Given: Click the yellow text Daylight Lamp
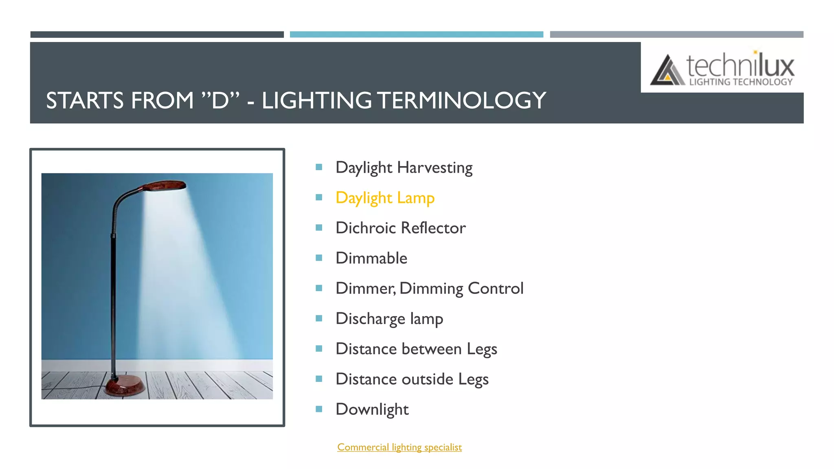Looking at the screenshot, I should coord(385,198).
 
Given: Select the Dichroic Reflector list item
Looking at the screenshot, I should coord(400,228).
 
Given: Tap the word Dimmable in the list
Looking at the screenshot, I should coord(371,258).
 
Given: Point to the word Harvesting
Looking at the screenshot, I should coord(435,168).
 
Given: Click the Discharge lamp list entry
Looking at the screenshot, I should coord(389,319).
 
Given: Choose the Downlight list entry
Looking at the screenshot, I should coord(372,410).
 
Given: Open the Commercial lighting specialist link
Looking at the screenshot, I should coord(399,447).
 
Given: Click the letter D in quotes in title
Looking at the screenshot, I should coord(220,101).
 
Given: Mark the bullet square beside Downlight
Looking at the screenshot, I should coord(319,409).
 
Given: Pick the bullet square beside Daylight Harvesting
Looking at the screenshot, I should coord(319,167).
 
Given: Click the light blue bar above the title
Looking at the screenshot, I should coord(416,35).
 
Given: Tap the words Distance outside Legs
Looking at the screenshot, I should coord(412,379).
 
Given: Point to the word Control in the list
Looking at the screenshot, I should coord(495,289).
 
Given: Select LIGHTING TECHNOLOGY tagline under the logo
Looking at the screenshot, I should coord(741,82).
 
